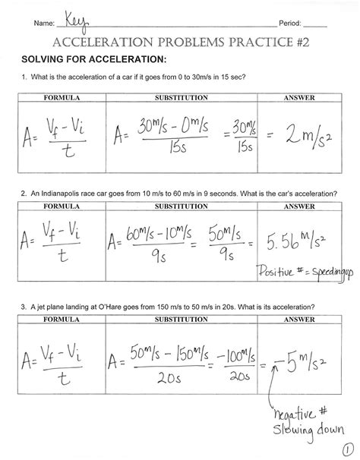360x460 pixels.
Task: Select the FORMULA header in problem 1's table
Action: (x=62, y=98)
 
